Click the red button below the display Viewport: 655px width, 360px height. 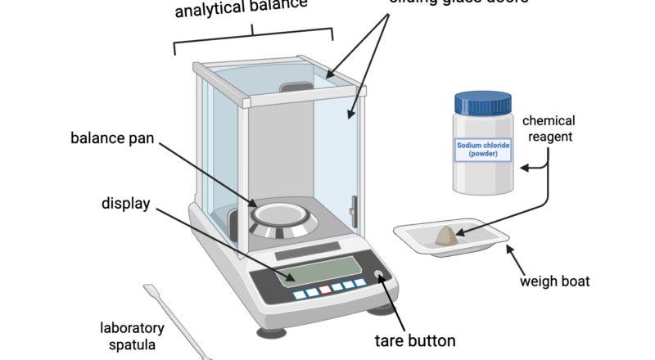coord(325,289)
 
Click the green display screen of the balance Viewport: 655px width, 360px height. coord(318,269)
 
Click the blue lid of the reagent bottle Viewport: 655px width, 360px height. coord(483,103)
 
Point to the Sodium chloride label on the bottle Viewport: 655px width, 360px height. coord(483,150)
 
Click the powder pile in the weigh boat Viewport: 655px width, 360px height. coord(448,236)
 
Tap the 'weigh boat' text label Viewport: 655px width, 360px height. coord(554,283)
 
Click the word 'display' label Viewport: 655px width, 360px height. coord(125,203)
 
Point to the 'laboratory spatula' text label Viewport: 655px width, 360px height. coord(132,336)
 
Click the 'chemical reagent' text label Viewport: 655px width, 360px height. coord(549,128)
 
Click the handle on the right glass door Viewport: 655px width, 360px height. coord(353,212)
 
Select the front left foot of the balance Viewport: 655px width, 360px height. coord(273,332)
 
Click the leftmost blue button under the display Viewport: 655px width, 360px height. coord(299,294)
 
